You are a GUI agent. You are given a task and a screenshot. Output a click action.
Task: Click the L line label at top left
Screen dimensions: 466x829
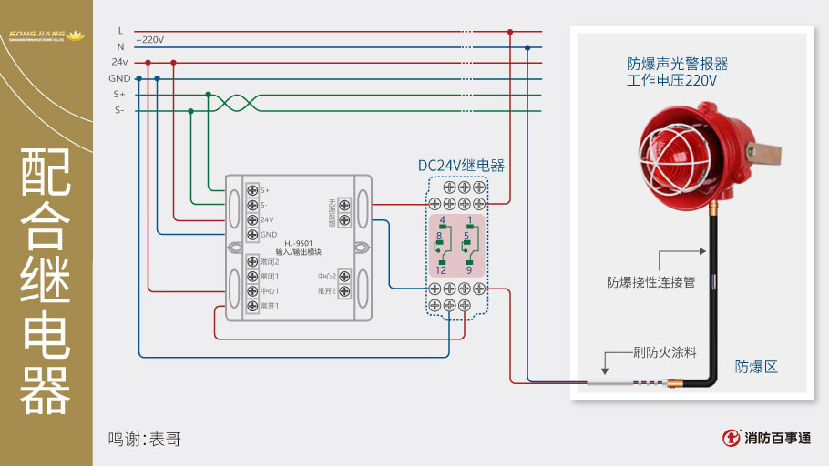(120, 31)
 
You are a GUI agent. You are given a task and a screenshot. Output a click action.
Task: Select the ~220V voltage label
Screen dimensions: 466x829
(149, 40)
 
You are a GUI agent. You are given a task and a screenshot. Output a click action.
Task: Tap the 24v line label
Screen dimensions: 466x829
(119, 62)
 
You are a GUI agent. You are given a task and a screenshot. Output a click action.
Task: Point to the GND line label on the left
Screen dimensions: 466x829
(119, 78)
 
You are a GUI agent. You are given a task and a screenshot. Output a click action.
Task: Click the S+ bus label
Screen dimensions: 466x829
(119, 94)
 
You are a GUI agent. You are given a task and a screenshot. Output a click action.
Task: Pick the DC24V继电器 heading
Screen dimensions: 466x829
(461, 166)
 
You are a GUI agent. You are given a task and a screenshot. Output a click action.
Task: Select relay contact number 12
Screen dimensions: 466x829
(440, 270)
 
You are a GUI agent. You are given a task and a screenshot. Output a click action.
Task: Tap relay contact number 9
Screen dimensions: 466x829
(469, 270)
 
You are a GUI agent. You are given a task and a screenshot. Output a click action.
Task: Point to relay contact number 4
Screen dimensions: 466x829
(442, 221)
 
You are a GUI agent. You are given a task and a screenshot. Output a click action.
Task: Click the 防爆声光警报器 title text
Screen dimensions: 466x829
(678, 65)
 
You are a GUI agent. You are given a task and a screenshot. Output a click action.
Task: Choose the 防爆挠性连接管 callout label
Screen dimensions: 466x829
(651, 282)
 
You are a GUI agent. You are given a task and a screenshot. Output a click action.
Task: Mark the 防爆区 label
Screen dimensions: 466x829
(756, 367)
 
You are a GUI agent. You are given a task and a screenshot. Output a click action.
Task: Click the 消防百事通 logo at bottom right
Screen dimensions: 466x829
(765, 438)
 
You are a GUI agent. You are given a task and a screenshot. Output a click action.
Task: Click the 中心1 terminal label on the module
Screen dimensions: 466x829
(270, 291)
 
